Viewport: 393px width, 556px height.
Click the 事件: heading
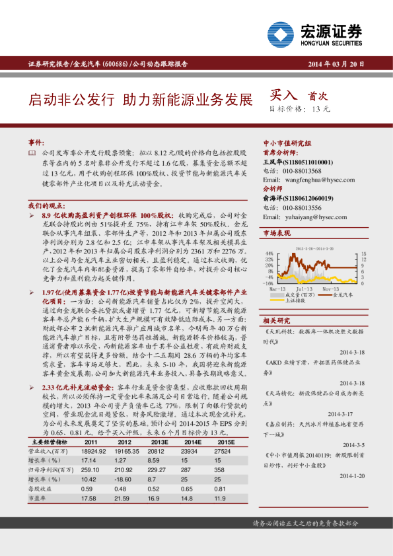(x=36, y=143)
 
